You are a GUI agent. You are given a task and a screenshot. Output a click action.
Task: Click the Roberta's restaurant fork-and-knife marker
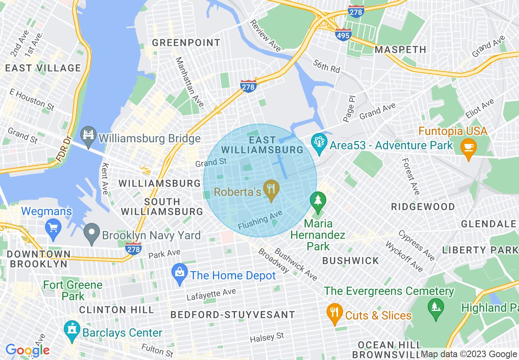point(271,189)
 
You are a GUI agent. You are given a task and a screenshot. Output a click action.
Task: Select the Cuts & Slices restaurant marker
point(334,313)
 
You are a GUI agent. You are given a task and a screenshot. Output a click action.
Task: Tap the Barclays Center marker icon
point(72,331)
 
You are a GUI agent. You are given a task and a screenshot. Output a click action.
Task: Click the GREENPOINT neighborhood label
point(186,43)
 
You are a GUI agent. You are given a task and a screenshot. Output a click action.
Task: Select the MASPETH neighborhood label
point(400,49)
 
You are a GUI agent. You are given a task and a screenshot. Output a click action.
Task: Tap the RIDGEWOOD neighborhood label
point(423,207)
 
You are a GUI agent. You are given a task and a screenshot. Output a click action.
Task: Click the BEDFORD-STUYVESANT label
point(232,315)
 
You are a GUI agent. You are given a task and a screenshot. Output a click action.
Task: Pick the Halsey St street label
point(267,338)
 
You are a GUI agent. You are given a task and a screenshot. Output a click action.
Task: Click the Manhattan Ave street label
point(189,82)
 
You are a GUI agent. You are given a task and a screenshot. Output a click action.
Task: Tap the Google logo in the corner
point(27,350)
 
